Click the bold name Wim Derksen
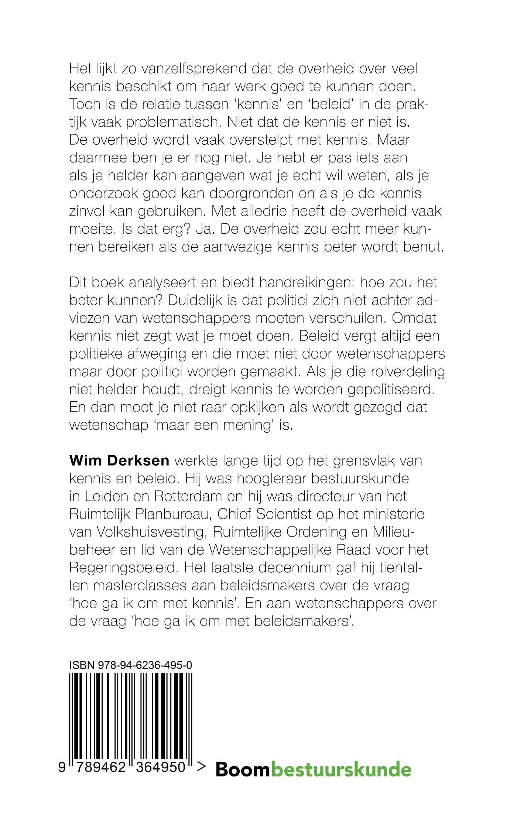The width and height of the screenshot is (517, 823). click(119, 461)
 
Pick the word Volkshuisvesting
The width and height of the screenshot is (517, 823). click(151, 532)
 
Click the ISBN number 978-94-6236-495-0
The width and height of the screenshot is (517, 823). click(145, 665)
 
